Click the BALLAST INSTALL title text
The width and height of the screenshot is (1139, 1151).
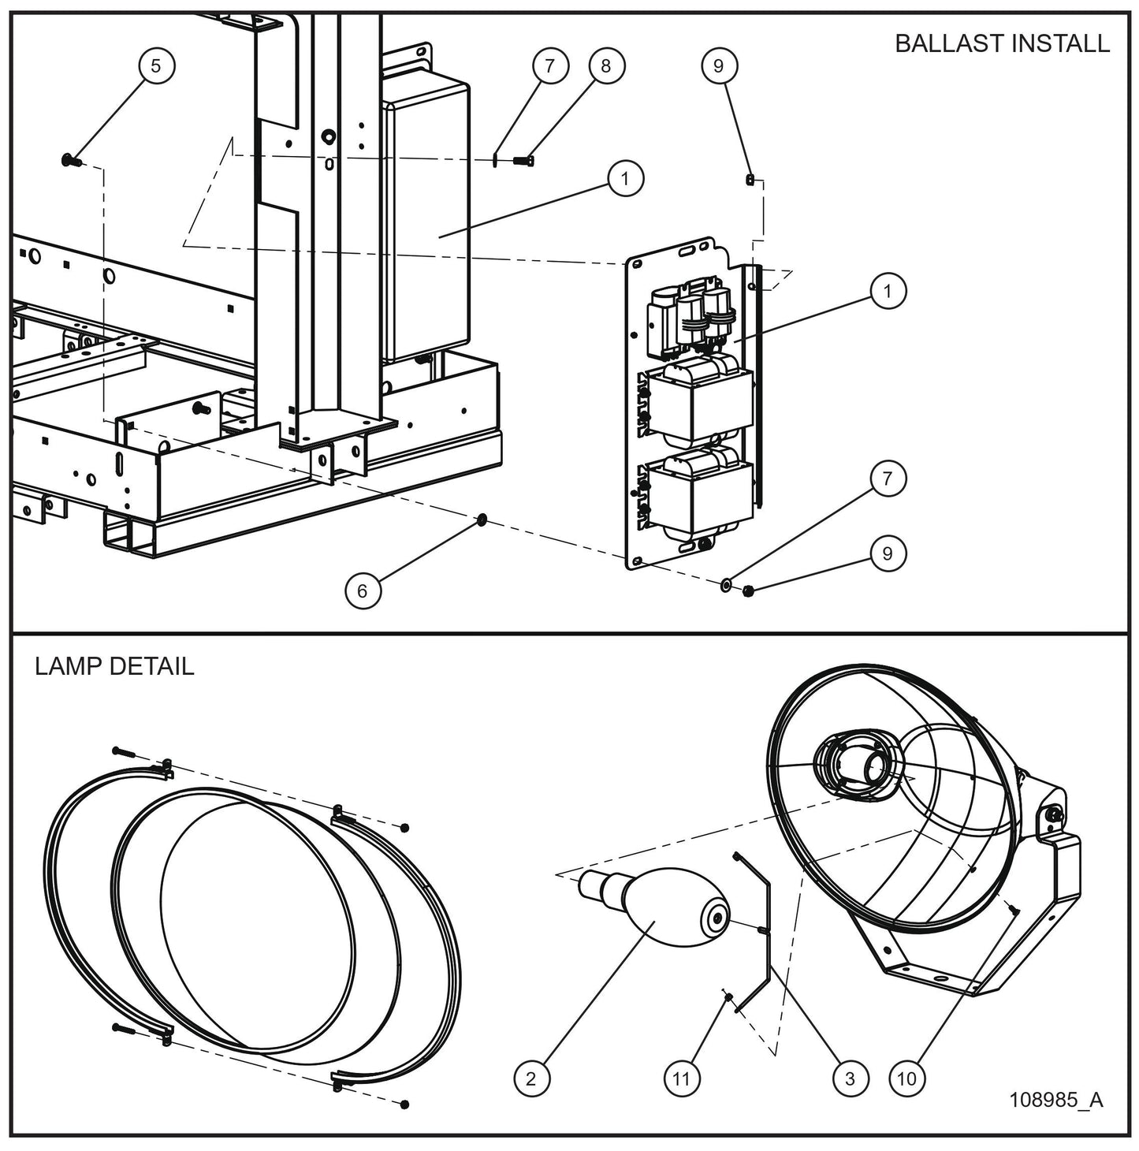click(1002, 43)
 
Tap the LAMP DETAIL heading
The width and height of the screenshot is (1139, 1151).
click(114, 666)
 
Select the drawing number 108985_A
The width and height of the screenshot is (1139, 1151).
click(1056, 1100)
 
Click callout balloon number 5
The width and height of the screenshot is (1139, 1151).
click(155, 65)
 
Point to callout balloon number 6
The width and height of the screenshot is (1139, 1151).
click(362, 590)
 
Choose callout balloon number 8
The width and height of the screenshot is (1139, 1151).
click(605, 65)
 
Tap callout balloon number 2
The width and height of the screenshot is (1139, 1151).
click(530, 1078)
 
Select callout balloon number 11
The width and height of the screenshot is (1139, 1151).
click(681, 1078)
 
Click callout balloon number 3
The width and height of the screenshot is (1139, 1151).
click(850, 1078)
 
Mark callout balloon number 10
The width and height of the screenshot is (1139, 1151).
click(907, 1078)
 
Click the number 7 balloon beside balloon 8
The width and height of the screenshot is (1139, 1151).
click(549, 65)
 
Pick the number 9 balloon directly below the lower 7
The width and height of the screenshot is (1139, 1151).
click(888, 553)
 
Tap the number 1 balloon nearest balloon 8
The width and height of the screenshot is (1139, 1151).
click(625, 179)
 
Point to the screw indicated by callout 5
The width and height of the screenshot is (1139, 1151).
click(67, 161)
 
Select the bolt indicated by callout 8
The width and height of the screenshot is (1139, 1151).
click(523, 161)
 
